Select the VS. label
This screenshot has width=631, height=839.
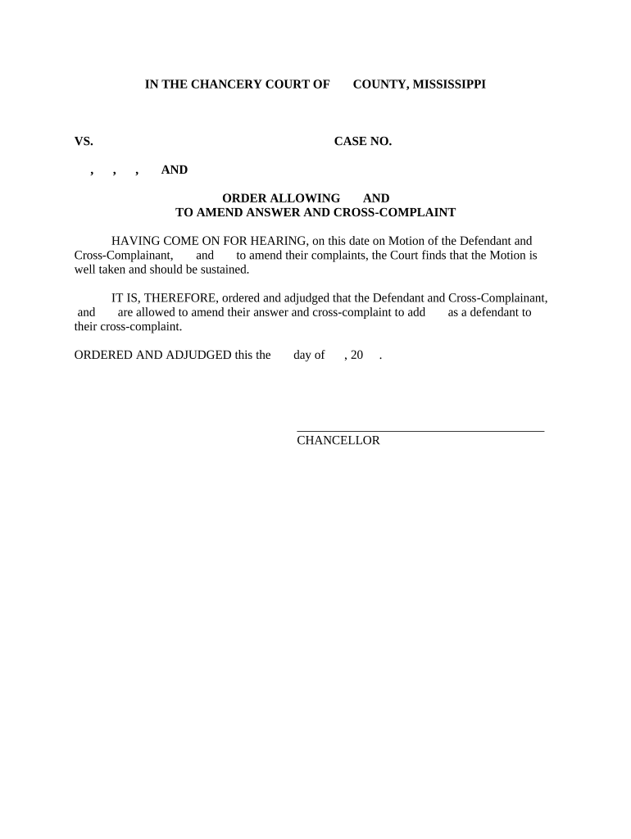coord(84,142)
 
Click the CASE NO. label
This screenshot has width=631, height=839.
coord(363,142)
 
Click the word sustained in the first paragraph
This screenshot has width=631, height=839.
coord(221,270)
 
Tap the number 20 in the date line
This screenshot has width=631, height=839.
coord(356,355)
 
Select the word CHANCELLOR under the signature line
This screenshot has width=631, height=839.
coord(338,441)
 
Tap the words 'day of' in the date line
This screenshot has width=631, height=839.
coord(309,355)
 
